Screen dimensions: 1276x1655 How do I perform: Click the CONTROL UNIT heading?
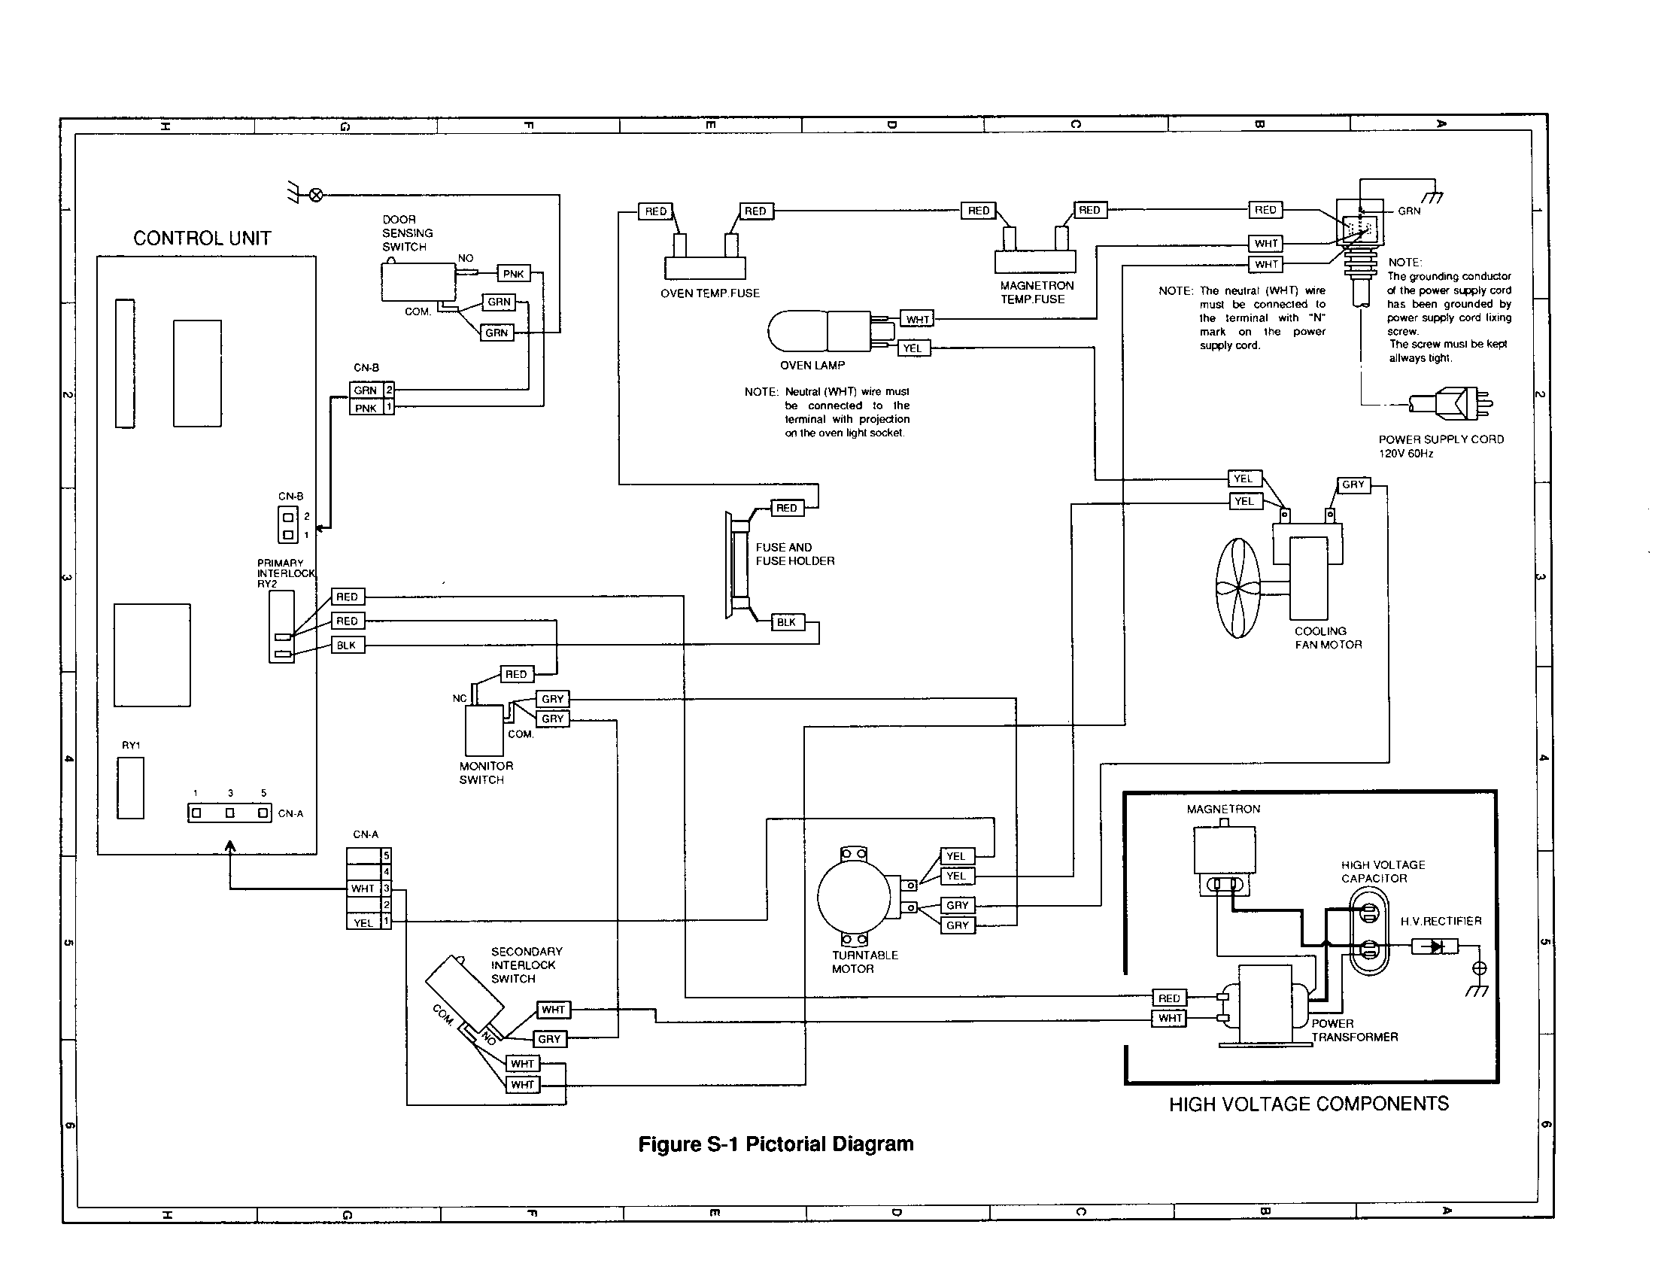pyautogui.click(x=202, y=238)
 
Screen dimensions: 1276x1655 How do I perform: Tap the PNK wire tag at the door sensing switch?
pyautogui.click(x=513, y=274)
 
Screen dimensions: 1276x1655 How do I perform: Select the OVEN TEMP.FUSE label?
pyautogui.click(x=709, y=293)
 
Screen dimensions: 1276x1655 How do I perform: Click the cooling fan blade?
pyautogui.click(x=1237, y=588)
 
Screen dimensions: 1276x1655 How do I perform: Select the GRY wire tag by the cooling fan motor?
pyautogui.click(x=1353, y=485)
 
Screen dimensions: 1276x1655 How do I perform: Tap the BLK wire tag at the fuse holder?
pyautogui.click(x=786, y=622)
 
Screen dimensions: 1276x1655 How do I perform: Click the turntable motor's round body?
pyautogui.click(x=853, y=896)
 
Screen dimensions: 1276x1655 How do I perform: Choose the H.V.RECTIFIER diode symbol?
pyautogui.click(x=1435, y=946)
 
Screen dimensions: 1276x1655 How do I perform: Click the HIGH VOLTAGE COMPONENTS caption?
pyautogui.click(x=1308, y=1104)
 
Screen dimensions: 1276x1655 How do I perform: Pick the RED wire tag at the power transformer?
pyautogui.click(x=1168, y=998)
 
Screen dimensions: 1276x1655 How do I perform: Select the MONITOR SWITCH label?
pyautogui.click(x=485, y=773)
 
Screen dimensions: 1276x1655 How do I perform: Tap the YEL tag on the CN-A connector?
pyautogui.click(x=363, y=922)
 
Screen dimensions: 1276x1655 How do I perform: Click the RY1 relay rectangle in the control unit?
pyautogui.click(x=130, y=788)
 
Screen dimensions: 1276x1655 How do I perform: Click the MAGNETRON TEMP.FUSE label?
pyautogui.click(x=1036, y=293)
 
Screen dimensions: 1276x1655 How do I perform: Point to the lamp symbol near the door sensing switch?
pyautogui.click(x=316, y=196)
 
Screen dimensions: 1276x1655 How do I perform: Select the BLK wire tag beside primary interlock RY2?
pyautogui.click(x=346, y=646)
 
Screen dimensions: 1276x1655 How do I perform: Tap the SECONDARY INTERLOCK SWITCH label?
pyautogui.click(x=526, y=965)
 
